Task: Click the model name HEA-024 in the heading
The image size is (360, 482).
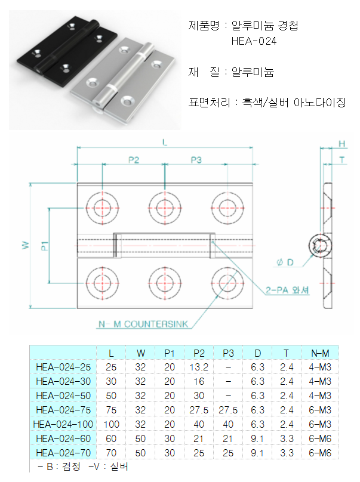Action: click(254, 41)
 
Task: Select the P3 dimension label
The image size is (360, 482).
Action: click(196, 160)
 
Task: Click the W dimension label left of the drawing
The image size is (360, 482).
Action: click(24, 245)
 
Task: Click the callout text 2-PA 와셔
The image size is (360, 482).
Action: click(288, 291)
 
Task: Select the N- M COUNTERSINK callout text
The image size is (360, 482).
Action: click(143, 325)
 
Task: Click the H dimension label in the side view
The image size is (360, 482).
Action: click(342, 144)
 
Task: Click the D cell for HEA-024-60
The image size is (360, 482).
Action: click(257, 438)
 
